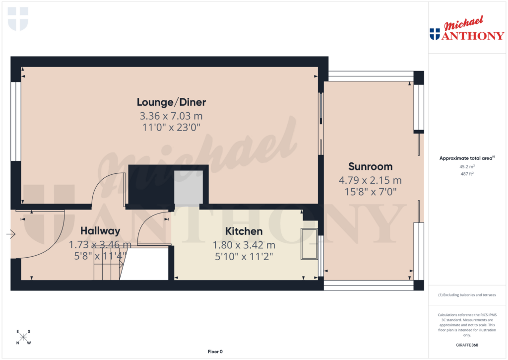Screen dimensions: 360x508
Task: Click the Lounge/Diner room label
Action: tap(171, 103)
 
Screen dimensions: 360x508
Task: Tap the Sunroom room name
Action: tap(370, 166)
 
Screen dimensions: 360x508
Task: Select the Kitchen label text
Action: tap(244, 231)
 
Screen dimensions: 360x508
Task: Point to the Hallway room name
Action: tap(101, 231)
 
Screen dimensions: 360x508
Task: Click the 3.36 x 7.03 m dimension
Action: tap(171, 116)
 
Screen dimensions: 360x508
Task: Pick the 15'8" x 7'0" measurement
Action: tap(370, 191)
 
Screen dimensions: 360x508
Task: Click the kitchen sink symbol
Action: tap(309, 244)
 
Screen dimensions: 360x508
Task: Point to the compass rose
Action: tap(23, 338)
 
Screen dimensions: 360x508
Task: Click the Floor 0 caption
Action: tap(215, 352)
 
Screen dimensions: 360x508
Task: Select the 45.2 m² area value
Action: tap(466, 167)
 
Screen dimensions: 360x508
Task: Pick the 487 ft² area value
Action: tap(466, 173)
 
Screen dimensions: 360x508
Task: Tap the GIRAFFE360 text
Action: tap(466, 345)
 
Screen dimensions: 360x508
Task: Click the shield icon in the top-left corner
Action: tap(18, 19)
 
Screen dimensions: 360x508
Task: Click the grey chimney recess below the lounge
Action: tap(189, 188)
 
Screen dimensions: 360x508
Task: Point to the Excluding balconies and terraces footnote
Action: tap(466, 295)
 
